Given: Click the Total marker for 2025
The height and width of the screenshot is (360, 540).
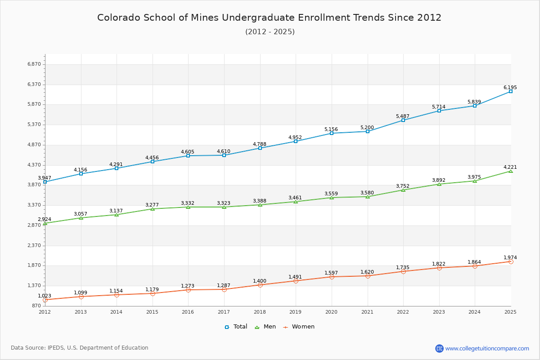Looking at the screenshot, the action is point(511,91).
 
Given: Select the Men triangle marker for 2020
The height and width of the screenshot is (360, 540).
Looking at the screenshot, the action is point(332,198).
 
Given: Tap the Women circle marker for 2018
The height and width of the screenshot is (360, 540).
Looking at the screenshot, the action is point(260,285).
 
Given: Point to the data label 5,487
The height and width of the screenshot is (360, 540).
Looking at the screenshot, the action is point(403,116).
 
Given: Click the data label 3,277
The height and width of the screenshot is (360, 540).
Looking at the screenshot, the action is point(152,205).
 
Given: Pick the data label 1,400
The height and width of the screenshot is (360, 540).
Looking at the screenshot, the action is point(260,281).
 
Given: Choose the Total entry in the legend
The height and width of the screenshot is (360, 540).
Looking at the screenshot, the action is point(236,327).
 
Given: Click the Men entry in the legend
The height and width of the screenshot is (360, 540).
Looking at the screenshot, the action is point(265,327).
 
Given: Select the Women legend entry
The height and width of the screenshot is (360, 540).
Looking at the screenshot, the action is point(299,327).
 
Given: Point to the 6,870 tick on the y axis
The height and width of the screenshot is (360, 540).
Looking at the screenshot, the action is point(34,64).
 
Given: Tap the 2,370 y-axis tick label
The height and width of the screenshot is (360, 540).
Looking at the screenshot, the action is point(34,245).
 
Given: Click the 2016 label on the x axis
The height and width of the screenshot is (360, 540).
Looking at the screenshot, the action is point(188,312).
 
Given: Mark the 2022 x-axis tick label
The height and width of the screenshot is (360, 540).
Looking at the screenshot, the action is point(403,312).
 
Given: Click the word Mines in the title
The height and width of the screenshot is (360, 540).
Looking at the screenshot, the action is point(205,18).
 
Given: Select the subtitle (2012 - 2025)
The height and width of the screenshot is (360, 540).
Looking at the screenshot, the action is point(270,32).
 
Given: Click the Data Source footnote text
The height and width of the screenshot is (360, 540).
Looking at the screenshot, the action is point(80,348).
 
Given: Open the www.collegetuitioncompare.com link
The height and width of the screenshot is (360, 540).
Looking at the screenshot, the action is point(487,348).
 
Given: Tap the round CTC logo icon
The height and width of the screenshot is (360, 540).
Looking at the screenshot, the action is point(440,348).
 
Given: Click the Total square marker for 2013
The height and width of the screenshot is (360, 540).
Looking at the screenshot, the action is point(81,174).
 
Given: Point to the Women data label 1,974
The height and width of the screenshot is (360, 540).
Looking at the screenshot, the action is point(510,257).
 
